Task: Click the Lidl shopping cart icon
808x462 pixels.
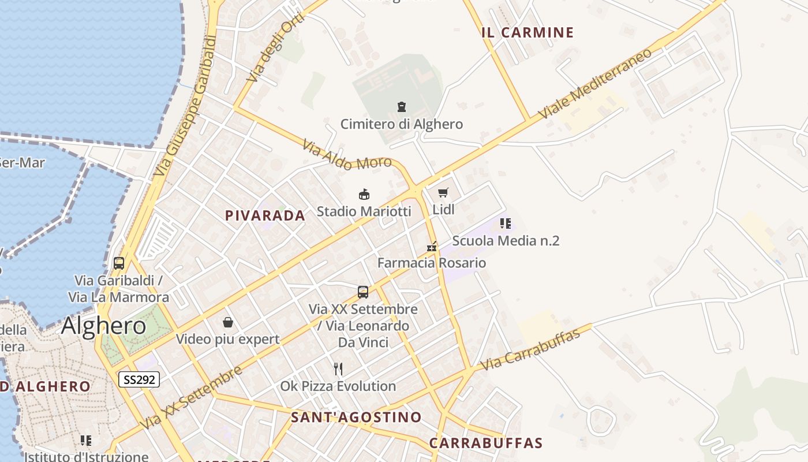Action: (443, 193)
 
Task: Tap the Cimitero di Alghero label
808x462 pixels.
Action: (401, 124)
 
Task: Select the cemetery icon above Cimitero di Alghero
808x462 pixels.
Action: (401, 106)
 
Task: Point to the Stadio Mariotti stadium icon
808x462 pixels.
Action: (364, 194)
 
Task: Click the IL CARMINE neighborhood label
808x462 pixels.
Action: (528, 32)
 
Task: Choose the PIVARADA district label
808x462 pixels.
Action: (265, 216)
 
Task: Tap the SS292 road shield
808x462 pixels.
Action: (139, 379)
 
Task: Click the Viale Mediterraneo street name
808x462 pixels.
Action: (596, 84)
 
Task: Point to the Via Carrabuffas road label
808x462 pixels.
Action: (530, 350)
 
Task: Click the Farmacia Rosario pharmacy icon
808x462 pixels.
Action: (431, 247)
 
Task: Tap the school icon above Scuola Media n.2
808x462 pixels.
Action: (506, 223)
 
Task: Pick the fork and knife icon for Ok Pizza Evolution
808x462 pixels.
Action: (338, 368)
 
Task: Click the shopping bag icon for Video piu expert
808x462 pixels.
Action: (228, 322)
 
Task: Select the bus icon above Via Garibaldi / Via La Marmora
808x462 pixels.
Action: (119, 263)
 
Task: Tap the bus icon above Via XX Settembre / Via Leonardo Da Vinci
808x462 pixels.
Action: (363, 292)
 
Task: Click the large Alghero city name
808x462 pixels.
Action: (104, 326)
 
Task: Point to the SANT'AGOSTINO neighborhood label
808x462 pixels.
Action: (356, 417)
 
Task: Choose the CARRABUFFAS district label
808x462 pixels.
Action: (486, 443)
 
